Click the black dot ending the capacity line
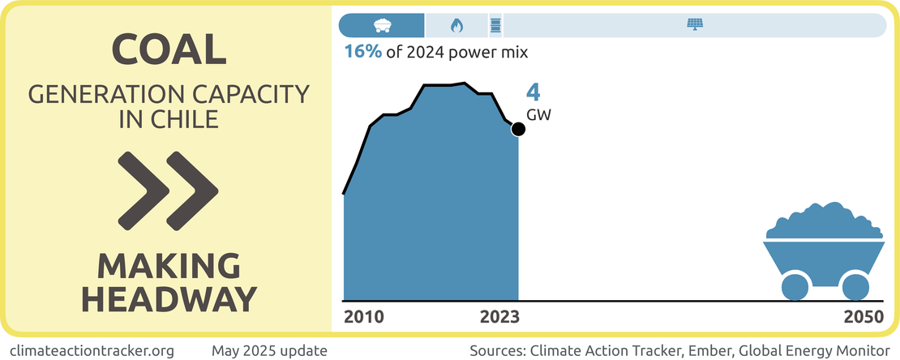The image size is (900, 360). [518, 129]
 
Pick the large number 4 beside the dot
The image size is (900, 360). [533, 92]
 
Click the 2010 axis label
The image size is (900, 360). [364, 316]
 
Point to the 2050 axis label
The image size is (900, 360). [864, 316]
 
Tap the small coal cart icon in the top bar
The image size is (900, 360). [381, 25]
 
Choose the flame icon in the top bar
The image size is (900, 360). [456, 25]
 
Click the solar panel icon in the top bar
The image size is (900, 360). [695, 25]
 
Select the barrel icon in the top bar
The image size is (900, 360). [495, 25]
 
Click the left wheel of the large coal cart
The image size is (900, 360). [795, 286]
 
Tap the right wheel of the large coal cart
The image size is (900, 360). [855, 286]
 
